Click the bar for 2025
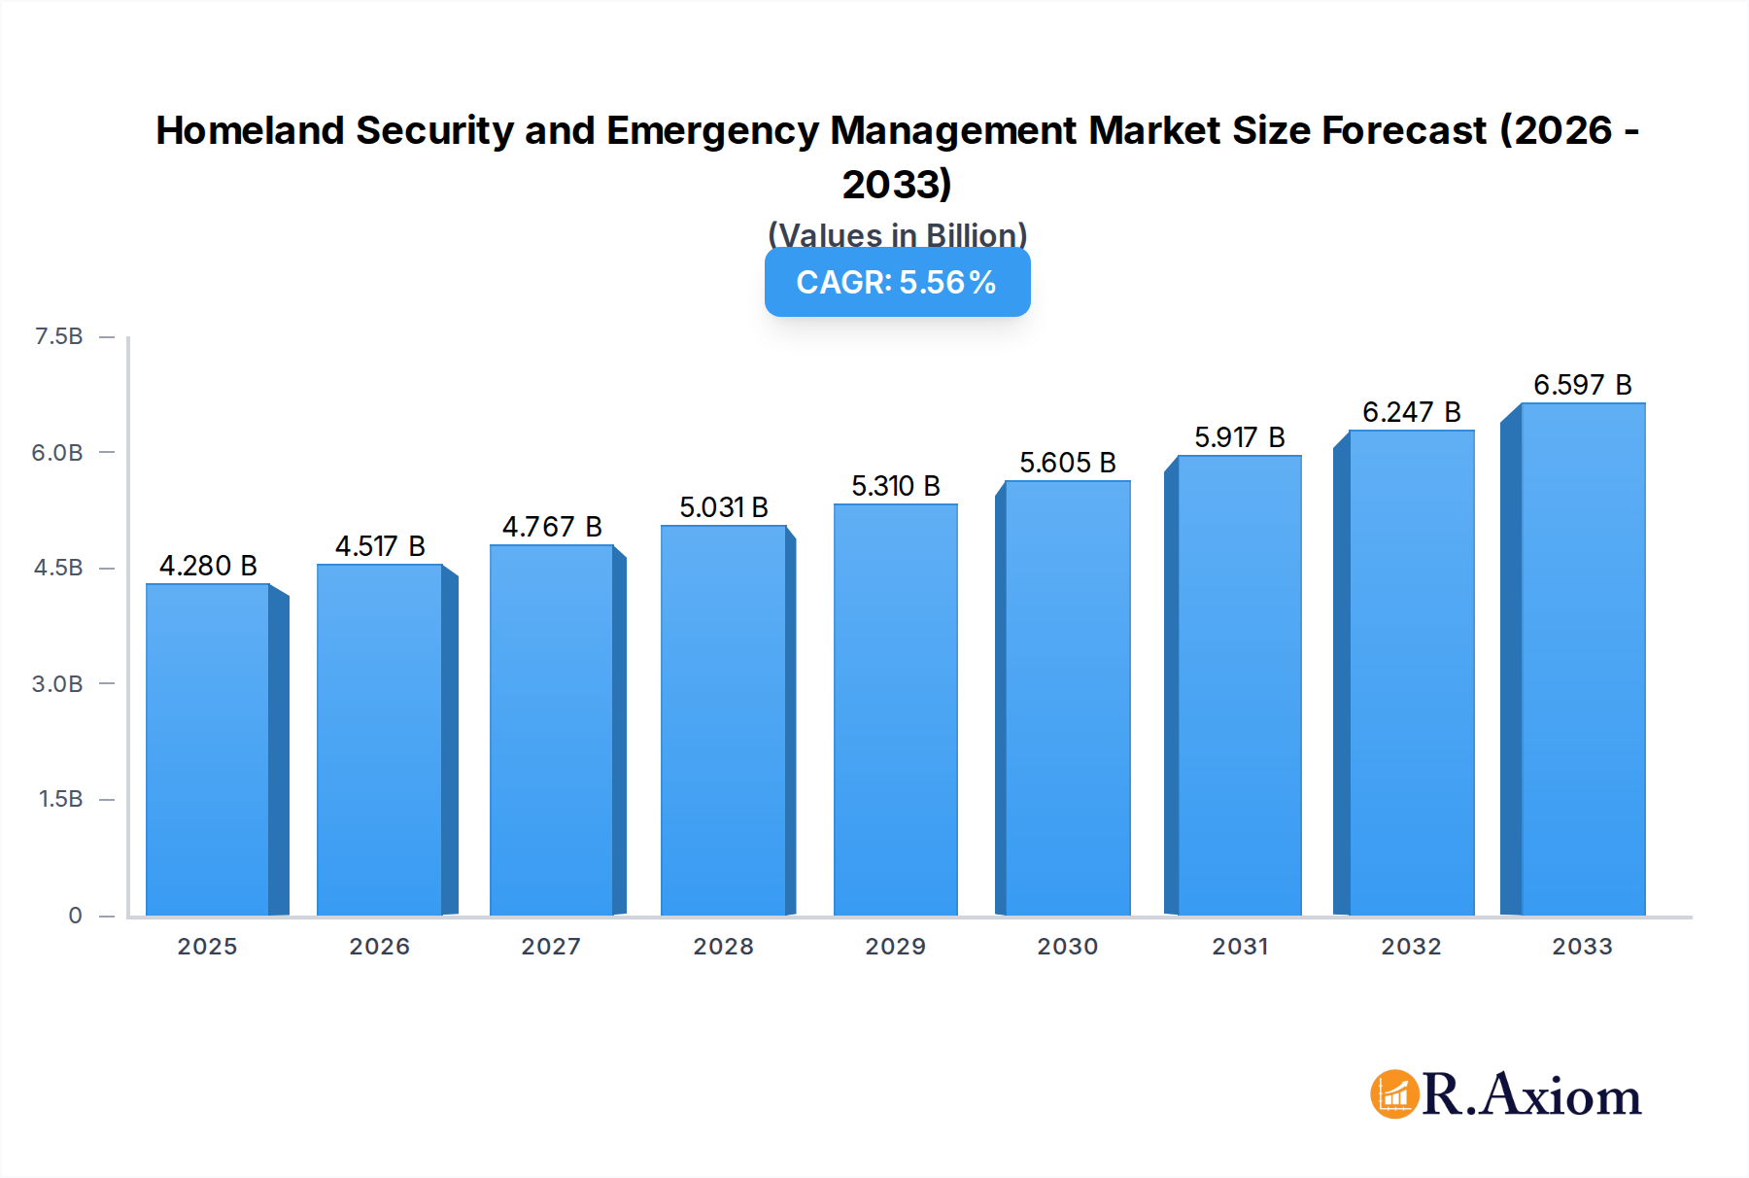click(208, 748)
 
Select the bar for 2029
click(895, 710)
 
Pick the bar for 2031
click(1239, 685)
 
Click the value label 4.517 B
click(380, 546)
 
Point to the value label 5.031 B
click(723, 507)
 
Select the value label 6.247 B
click(1411, 412)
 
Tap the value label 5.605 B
click(1067, 463)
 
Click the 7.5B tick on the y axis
click(58, 336)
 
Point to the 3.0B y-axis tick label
click(57, 683)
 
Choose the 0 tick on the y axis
click(75, 915)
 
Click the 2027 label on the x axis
click(551, 946)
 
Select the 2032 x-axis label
click(1411, 946)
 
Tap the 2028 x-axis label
click(723, 946)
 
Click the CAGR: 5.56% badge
click(897, 282)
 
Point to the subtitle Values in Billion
click(897, 234)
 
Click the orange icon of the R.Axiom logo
click(1393, 1094)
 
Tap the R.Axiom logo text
click(1531, 1094)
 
